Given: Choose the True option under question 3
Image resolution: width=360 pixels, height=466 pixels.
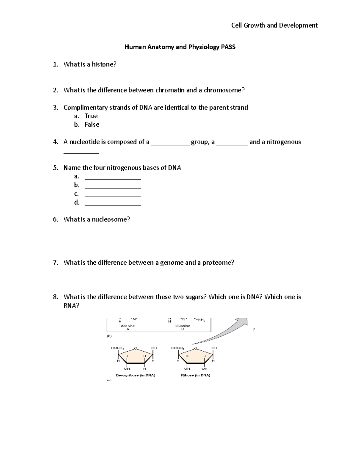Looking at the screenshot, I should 91,116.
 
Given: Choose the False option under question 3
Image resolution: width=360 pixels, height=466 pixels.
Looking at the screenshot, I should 92,125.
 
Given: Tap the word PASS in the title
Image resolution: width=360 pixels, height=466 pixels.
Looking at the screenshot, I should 228,47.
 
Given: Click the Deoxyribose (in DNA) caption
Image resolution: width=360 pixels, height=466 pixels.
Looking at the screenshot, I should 136,375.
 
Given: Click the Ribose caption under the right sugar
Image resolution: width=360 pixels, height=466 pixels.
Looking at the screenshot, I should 195,375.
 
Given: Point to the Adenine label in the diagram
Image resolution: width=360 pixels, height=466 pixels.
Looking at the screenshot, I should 127,326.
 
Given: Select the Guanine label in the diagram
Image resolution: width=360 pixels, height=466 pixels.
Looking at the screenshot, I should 183,326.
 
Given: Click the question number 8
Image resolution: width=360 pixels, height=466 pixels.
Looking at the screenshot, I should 55,297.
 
